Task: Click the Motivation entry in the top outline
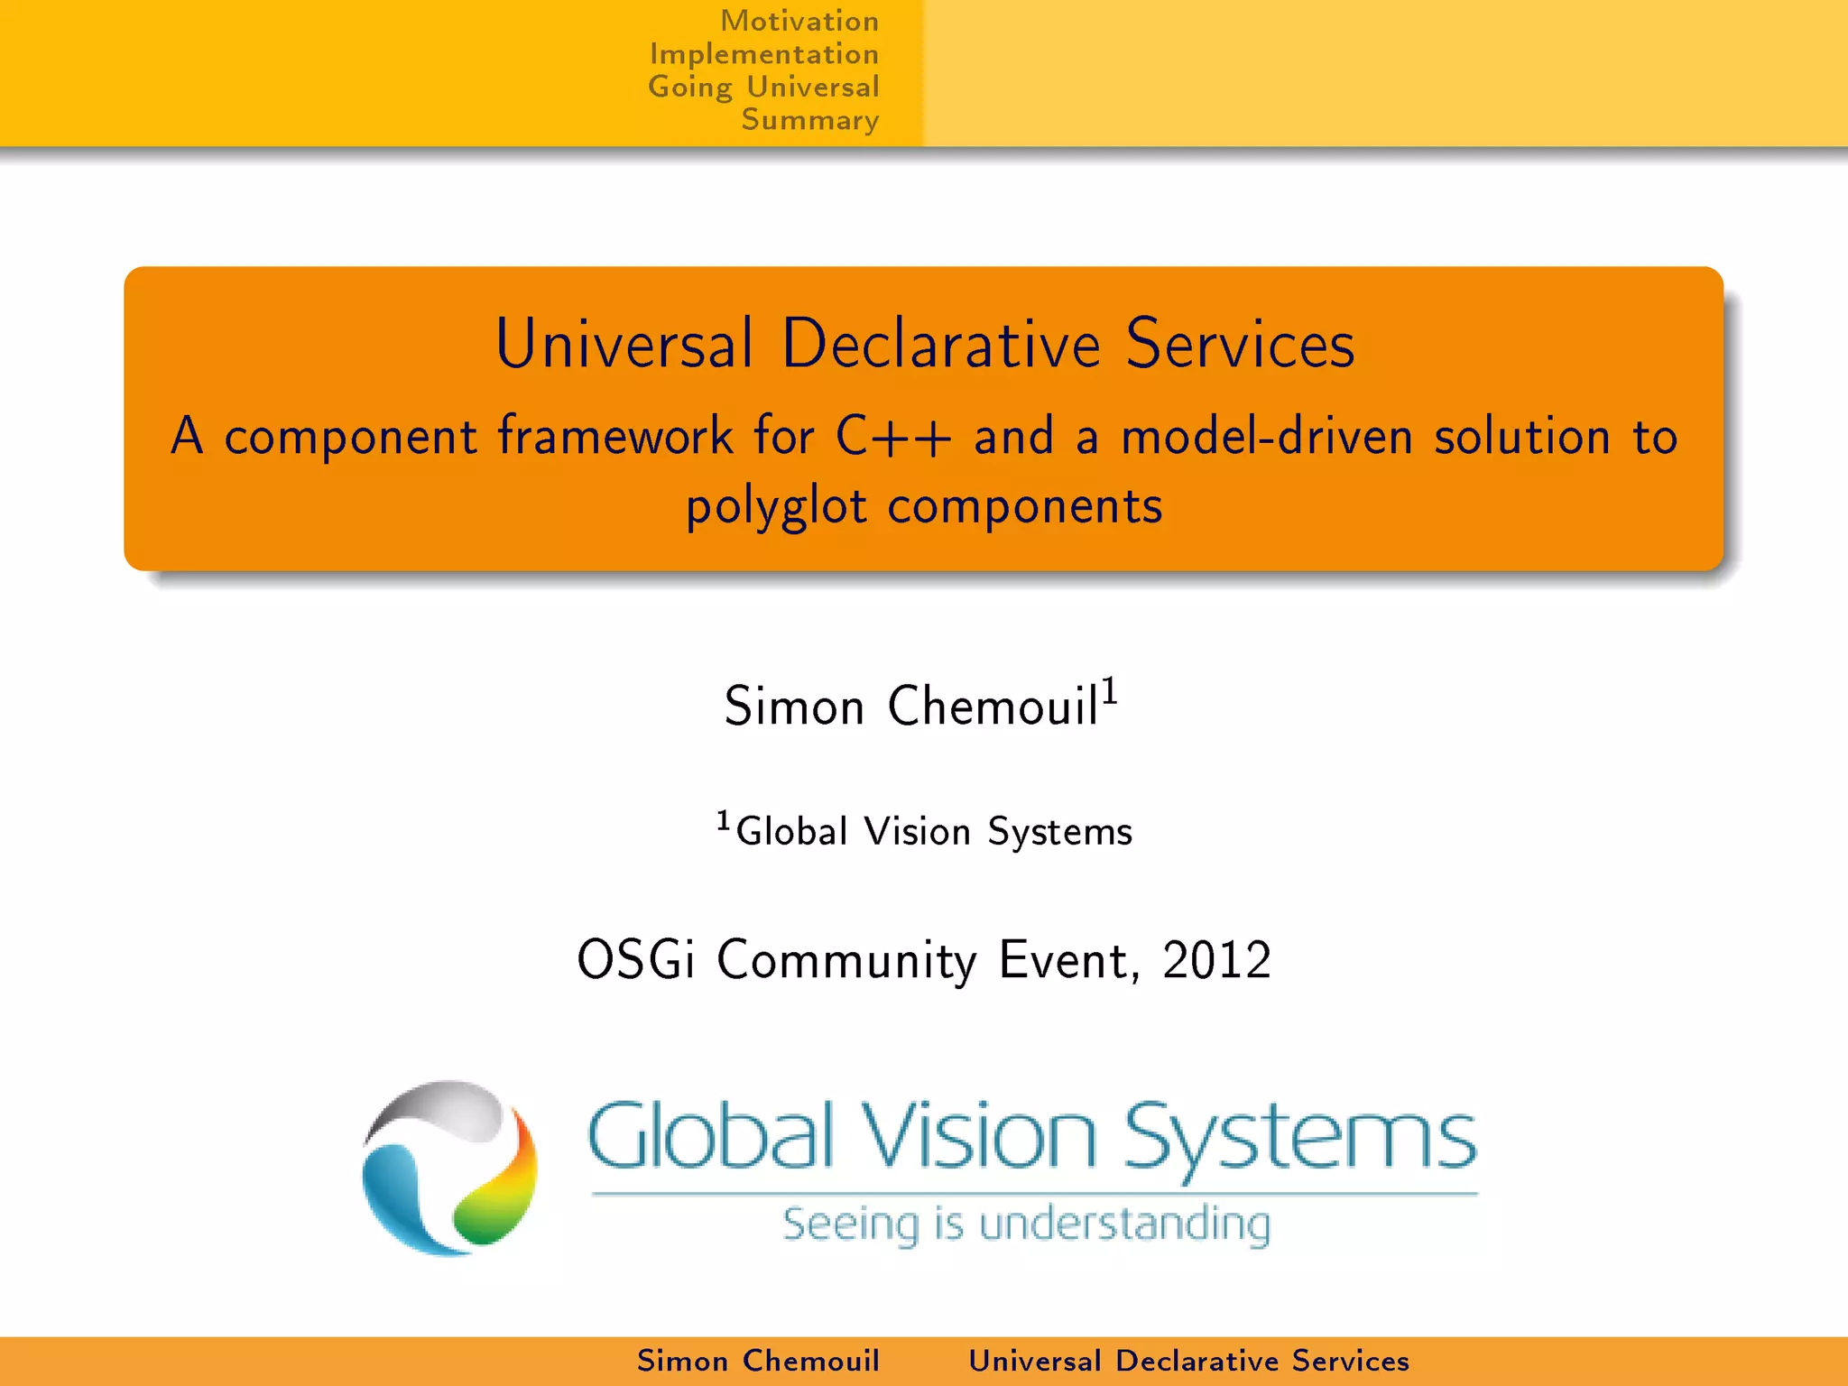[799, 21]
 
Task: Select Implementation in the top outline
[763, 54]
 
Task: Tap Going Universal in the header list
[763, 88]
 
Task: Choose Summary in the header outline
[809, 120]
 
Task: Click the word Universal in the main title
[624, 344]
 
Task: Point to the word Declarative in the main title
[941, 344]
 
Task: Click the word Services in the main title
[1240, 344]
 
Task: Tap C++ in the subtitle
[892, 437]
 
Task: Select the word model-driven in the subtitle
[1267, 437]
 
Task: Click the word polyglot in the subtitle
[776, 506]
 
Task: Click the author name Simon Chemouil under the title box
[911, 706]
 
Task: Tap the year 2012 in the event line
[1216, 959]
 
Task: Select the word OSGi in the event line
[636, 959]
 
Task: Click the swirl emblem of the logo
[449, 1168]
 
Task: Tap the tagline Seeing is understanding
[1026, 1224]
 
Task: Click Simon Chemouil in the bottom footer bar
[758, 1361]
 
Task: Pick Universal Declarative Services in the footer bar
[1188, 1361]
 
